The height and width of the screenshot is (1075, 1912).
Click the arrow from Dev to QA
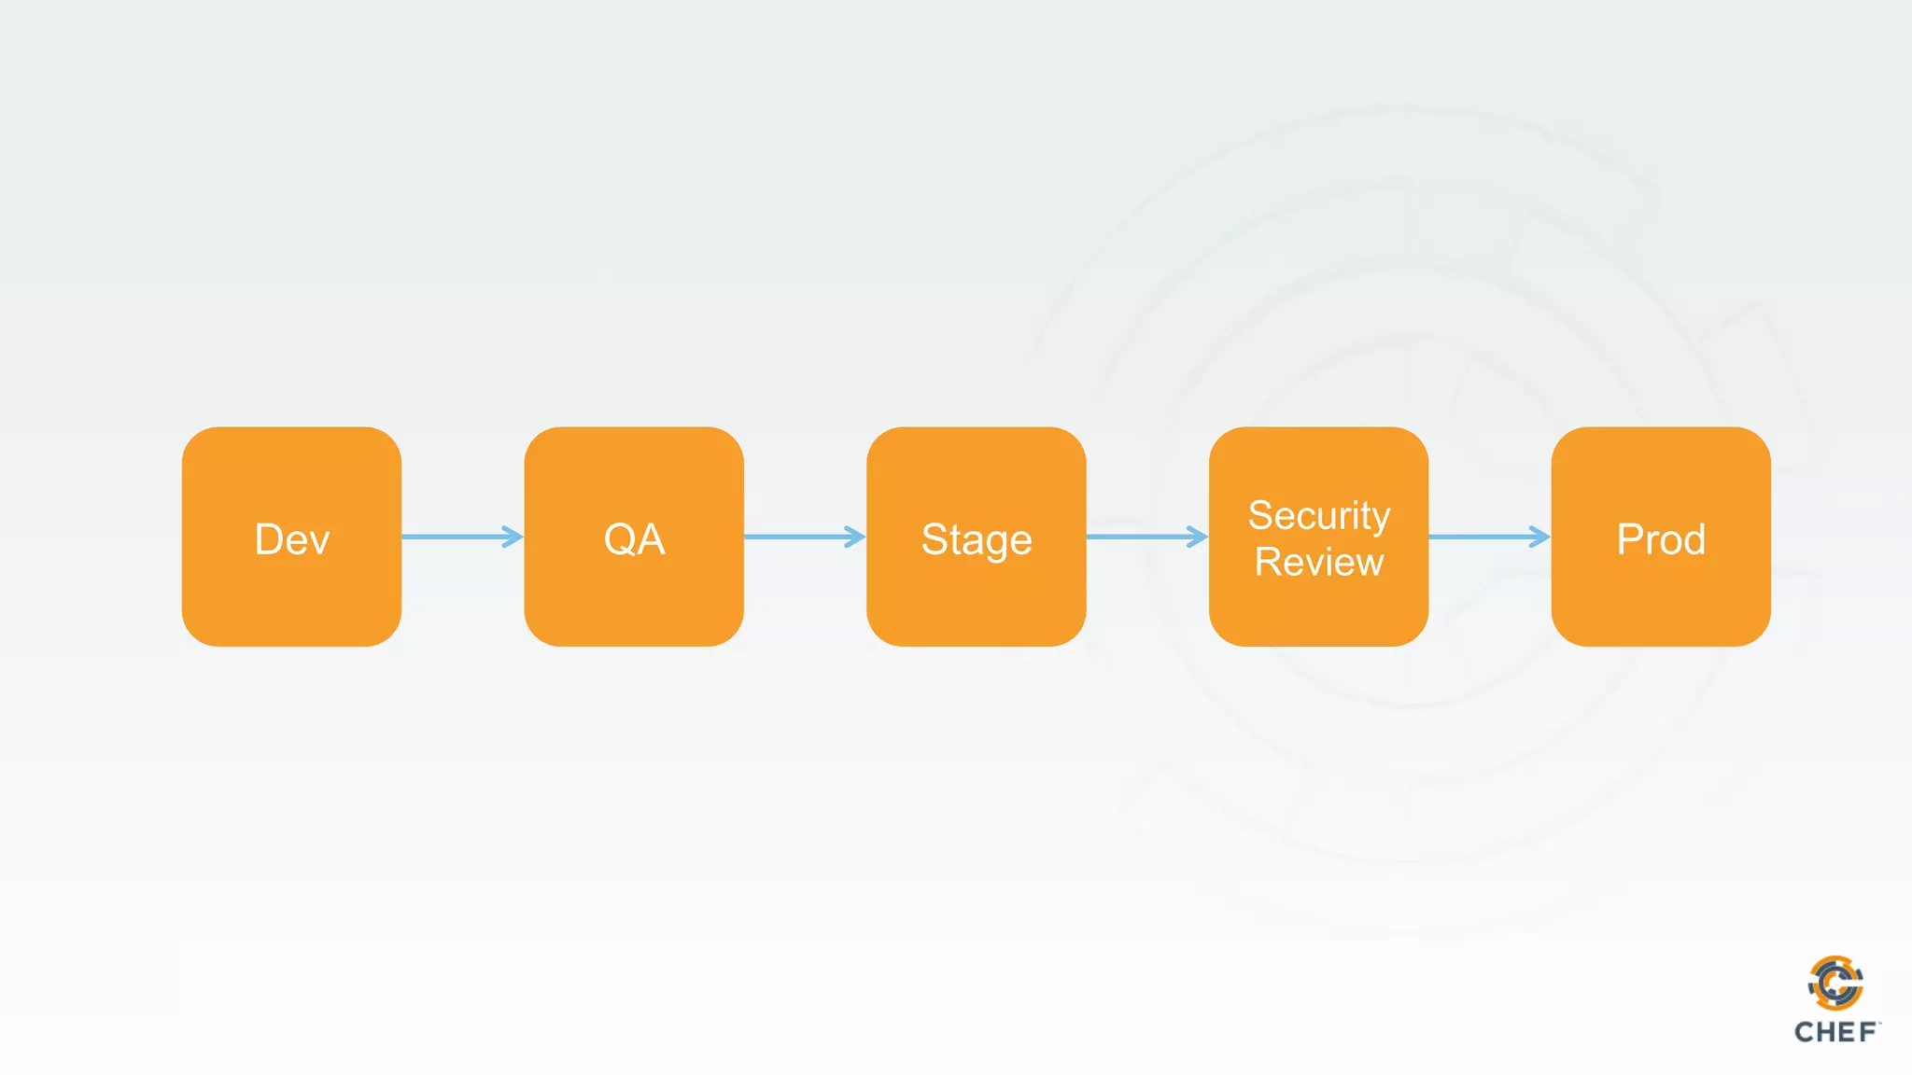point(457,537)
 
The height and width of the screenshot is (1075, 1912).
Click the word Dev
point(292,539)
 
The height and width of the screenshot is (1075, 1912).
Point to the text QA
point(635,539)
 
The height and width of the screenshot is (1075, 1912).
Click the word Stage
point(977,540)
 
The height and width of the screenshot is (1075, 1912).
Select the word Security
point(1319,515)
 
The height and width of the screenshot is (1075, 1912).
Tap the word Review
point(1319,562)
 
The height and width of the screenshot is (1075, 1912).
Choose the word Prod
point(1661,539)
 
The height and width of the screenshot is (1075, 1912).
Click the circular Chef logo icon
point(1835,983)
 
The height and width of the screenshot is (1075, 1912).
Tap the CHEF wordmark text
point(1835,1032)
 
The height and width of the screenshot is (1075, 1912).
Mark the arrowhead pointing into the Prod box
point(1539,537)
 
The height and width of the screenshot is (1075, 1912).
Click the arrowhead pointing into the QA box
point(513,537)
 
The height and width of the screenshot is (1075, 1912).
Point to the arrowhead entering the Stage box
point(855,537)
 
